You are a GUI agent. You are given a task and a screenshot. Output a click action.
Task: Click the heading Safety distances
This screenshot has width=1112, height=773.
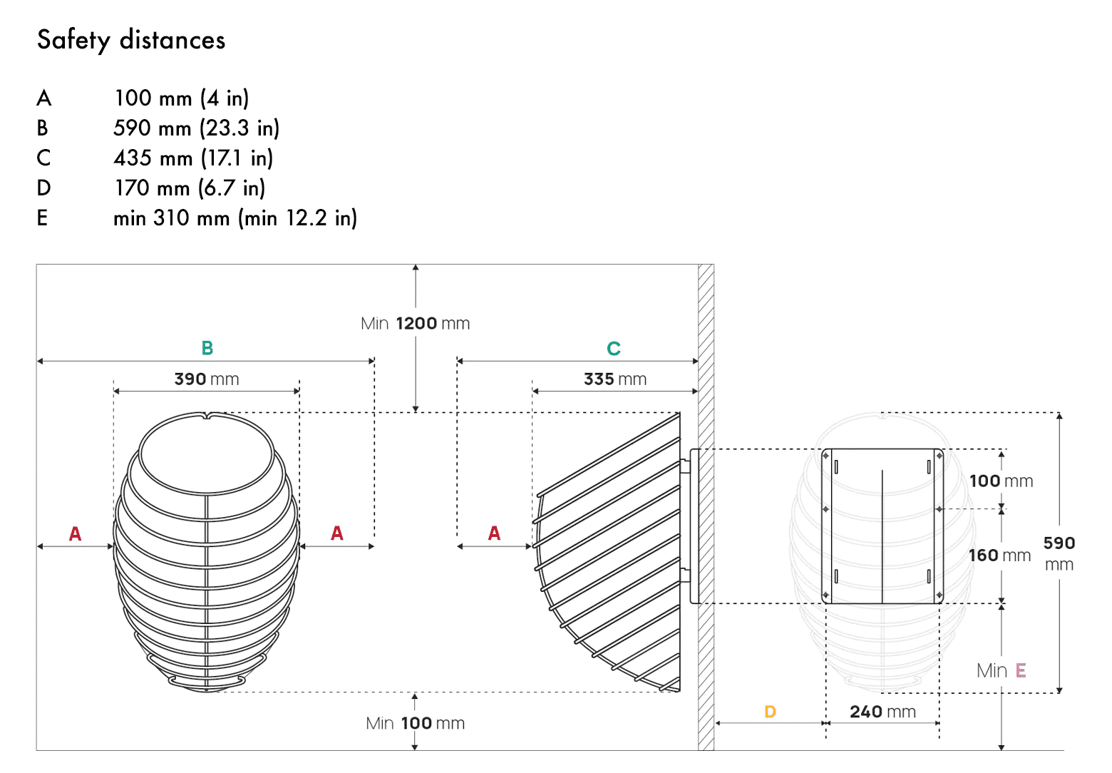pos(131,40)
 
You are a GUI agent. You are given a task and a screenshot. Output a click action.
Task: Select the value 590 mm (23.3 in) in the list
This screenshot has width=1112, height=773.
pos(196,128)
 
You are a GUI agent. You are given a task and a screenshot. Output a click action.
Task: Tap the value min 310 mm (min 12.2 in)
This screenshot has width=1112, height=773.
pos(235,218)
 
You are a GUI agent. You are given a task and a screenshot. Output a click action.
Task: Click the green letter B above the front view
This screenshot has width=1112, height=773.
pos(207,348)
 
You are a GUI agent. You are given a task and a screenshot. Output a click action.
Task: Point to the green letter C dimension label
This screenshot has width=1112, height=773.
pos(614,349)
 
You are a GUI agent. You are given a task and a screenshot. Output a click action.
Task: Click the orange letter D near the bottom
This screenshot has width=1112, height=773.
pos(770,712)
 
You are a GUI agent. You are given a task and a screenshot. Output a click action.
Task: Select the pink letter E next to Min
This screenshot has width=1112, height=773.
pos(1021,670)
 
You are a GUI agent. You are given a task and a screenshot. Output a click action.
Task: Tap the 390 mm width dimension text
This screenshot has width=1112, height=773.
pos(207,379)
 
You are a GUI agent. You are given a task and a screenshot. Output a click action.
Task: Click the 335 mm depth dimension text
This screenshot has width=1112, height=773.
pos(615,379)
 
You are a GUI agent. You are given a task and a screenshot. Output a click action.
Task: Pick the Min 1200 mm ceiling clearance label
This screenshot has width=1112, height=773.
pos(416,324)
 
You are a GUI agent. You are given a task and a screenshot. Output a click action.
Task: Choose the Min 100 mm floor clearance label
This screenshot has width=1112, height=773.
pos(416,724)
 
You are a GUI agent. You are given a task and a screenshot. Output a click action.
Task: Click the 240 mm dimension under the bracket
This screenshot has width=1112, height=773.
pos(882,712)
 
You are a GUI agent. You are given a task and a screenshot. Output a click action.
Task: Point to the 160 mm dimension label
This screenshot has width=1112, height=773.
pos(999,556)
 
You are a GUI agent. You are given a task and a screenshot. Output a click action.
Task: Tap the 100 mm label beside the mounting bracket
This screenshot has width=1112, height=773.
pos(1001,481)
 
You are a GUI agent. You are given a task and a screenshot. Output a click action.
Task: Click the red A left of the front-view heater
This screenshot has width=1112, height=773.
pos(75,533)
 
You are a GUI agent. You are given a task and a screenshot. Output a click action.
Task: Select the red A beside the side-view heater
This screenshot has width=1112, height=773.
pos(494,533)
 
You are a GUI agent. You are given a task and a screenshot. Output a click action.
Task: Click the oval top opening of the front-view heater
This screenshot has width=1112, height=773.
pos(206,454)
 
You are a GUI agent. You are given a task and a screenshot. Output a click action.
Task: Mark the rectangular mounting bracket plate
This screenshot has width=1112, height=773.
pos(882,526)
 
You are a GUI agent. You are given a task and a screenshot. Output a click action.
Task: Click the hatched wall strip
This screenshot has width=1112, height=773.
pos(706,506)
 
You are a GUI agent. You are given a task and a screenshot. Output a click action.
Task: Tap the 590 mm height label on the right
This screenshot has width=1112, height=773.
pos(1059,553)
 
